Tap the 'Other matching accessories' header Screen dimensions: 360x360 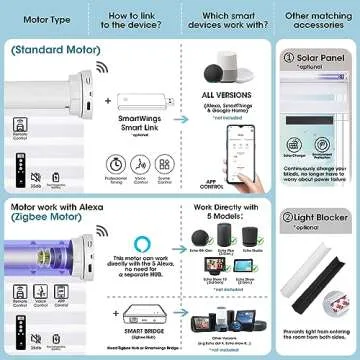(x=317, y=17)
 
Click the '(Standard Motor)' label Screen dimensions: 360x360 (x=47, y=48)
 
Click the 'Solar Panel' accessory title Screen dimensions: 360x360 (x=327, y=60)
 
